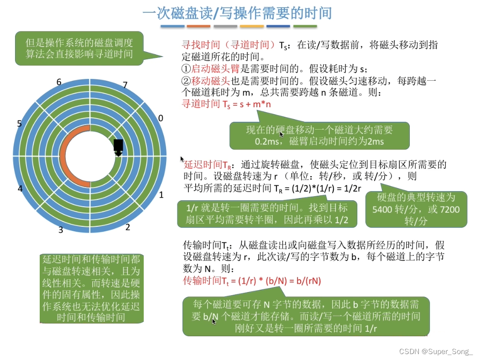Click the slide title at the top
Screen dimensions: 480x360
click(237, 12)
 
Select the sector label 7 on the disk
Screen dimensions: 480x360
click(125, 85)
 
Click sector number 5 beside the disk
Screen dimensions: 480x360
click(19, 124)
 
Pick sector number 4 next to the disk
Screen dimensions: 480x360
click(20, 188)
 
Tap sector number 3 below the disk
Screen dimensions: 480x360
click(61, 230)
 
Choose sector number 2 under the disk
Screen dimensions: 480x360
click(127, 227)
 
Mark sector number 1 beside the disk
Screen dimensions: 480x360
click(161, 195)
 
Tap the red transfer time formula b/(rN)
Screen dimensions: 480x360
click(252, 281)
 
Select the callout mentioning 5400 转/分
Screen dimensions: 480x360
click(416, 209)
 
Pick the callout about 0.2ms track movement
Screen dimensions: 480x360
click(319, 136)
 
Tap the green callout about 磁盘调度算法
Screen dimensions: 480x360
click(79, 48)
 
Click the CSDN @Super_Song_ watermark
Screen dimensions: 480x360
click(436, 351)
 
